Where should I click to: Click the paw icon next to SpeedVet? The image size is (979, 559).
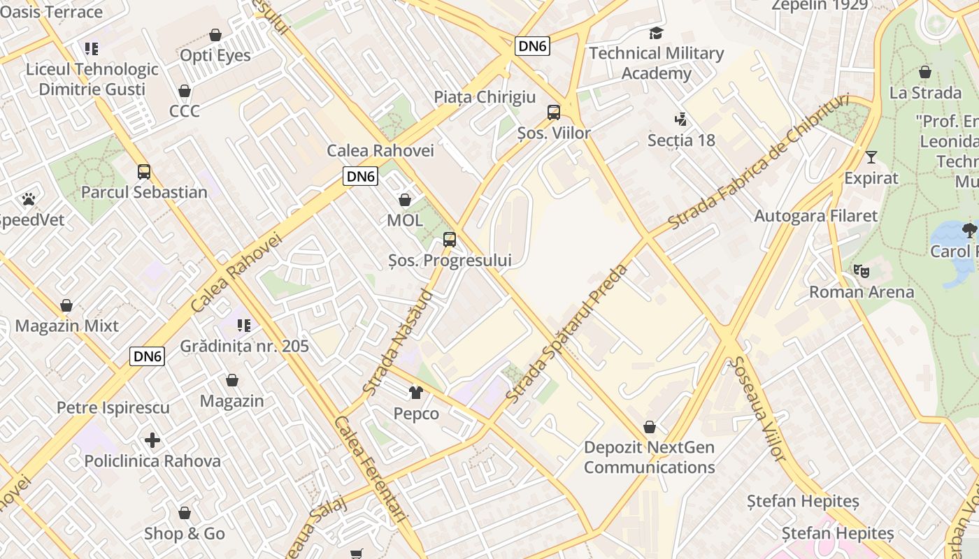(x=29, y=199)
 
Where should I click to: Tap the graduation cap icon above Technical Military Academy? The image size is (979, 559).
(x=656, y=33)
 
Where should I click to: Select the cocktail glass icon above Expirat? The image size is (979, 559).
(x=871, y=157)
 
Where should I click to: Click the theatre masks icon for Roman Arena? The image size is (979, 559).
(x=861, y=270)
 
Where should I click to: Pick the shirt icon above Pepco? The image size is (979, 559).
(x=416, y=393)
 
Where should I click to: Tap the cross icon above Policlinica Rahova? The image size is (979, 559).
(x=152, y=440)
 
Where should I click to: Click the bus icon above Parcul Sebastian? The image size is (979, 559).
(x=144, y=171)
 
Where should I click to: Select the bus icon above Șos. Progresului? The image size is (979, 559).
(x=450, y=240)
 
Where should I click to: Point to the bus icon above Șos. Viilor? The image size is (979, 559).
(x=554, y=112)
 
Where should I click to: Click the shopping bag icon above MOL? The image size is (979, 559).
(x=404, y=200)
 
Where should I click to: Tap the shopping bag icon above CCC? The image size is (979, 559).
(x=185, y=91)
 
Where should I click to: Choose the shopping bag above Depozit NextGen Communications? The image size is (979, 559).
(x=650, y=426)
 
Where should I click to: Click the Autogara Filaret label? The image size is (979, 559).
(x=815, y=216)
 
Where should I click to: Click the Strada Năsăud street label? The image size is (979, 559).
(x=399, y=342)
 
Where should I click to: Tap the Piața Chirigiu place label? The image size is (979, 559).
(x=485, y=97)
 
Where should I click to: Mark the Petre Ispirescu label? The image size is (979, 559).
(x=113, y=407)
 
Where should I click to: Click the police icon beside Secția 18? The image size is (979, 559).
(x=680, y=119)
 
